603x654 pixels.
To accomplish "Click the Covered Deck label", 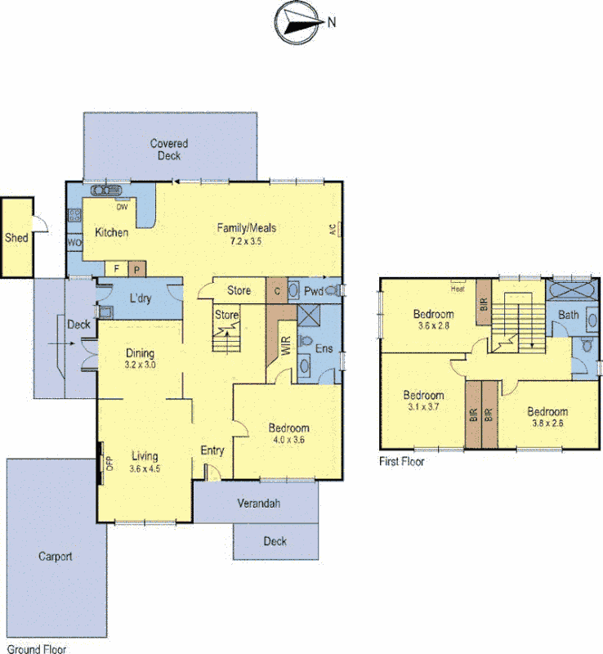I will [x=169, y=149].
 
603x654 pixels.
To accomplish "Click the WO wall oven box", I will [x=74, y=243].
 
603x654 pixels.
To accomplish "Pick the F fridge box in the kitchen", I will [x=117, y=268].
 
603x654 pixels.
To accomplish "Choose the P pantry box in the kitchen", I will [x=136, y=268].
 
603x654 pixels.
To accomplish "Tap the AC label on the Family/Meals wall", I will [x=333, y=231].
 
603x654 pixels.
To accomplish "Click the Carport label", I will [x=56, y=557].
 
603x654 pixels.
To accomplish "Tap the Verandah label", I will [x=258, y=503].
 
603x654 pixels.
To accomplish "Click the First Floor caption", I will [x=402, y=462].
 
